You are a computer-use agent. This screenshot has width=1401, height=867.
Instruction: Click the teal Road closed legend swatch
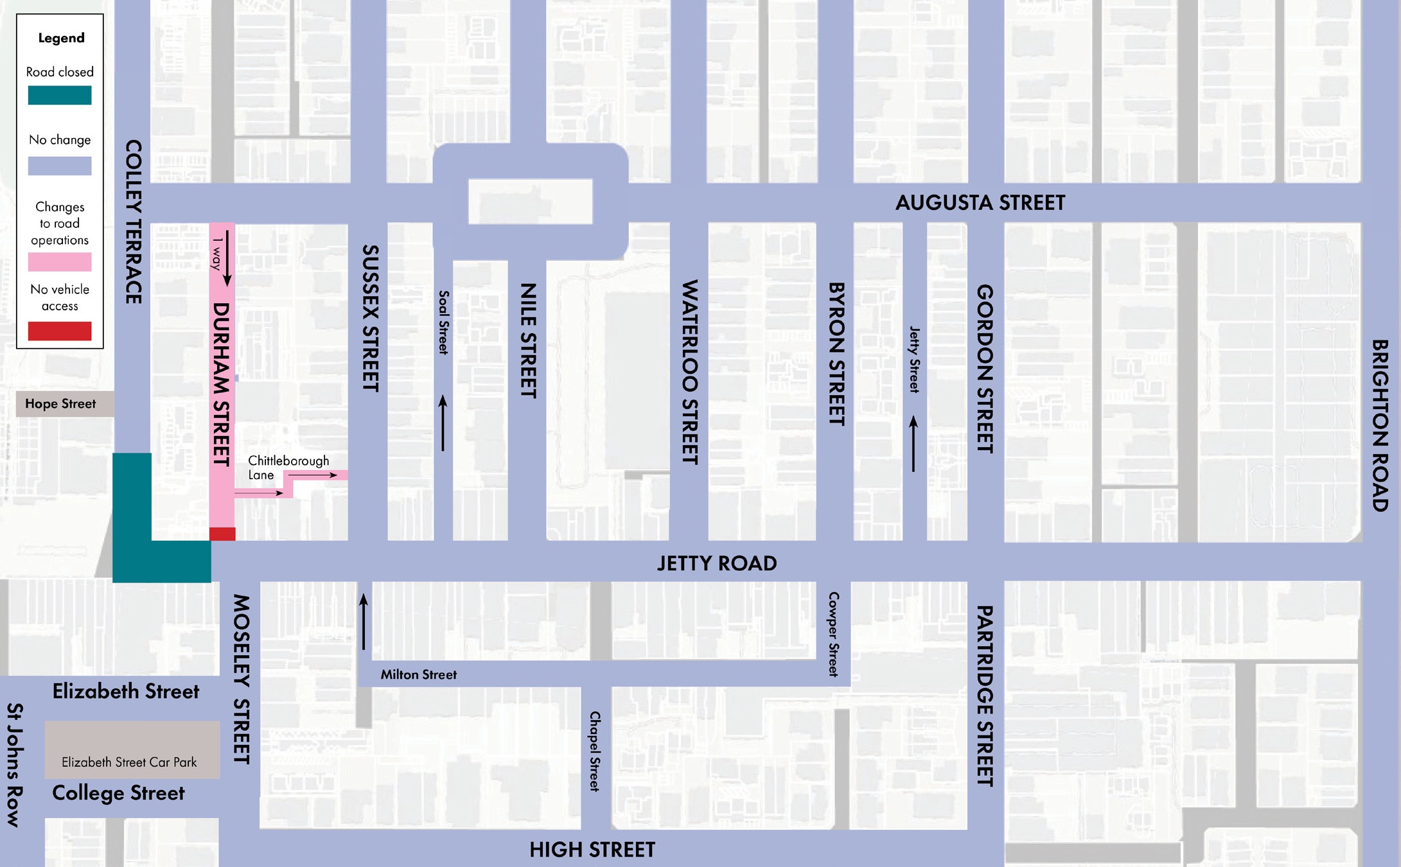(60, 95)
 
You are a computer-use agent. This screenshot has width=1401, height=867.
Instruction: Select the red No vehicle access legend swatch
(60, 331)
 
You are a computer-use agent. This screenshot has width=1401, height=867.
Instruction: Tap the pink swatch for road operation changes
(60, 262)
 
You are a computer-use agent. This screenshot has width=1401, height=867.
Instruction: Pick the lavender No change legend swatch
(60, 166)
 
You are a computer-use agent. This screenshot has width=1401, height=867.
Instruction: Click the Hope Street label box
(60, 404)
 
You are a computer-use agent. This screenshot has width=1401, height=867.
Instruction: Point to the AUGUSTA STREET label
(980, 203)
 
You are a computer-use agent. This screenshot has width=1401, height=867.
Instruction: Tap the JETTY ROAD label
(716, 563)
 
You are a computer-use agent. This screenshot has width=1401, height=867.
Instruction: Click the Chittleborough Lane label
(288, 468)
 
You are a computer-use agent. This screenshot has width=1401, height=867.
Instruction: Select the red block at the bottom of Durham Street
(222, 534)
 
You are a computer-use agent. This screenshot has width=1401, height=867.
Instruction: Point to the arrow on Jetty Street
(913, 444)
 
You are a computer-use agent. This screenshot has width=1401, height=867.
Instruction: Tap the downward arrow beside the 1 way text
(227, 258)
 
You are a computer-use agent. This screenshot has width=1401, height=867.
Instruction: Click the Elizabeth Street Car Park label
(129, 762)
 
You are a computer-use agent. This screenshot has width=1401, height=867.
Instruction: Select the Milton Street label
(418, 674)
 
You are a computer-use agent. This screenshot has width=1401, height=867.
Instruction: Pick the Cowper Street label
(833, 634)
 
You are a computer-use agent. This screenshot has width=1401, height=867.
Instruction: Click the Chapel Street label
(595, 751)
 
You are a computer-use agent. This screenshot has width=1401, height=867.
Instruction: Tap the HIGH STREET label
(592, 850)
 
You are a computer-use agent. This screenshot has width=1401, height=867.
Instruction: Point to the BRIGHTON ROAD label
(1379, 425)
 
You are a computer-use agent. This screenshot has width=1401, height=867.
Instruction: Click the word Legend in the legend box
(61, 38)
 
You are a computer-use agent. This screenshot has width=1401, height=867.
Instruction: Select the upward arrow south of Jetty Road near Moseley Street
(364, 621)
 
